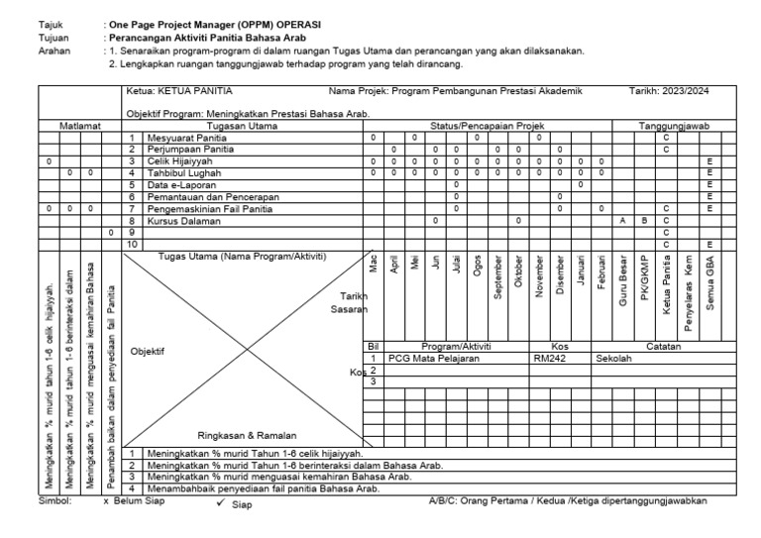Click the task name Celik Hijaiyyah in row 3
tap(177, 161)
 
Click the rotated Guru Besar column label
tap(622, 283)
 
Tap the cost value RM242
tap(549, 359)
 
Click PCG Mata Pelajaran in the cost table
tap(433, 359)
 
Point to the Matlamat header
tap(78, 127)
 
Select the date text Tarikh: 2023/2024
tap(672, 92)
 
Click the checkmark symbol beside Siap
tap(220, 503)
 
